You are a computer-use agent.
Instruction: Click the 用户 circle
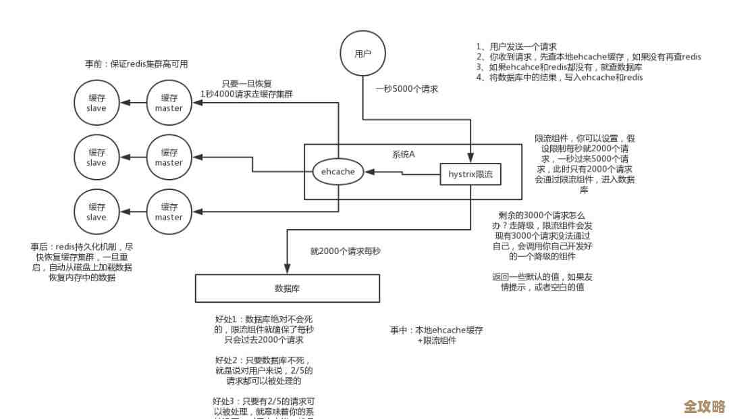pos(362,53)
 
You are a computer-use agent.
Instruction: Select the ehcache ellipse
pos(338,172)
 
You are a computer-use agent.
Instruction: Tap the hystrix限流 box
pos(470,174)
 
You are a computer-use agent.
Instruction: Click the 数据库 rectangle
pos(288,288)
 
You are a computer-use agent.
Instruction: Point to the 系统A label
pos(404,154)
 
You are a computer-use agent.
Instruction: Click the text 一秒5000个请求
pos(407,89)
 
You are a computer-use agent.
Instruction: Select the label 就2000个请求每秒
pos(346,251)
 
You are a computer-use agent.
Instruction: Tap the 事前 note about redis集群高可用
pos(136,64)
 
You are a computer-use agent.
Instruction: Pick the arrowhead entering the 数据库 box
pos(288,270)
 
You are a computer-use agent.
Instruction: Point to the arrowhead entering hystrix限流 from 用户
pos(470,159)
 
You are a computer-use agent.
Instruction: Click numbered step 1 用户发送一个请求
pos(516,47)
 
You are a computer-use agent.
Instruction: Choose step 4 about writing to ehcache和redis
pos(559,77)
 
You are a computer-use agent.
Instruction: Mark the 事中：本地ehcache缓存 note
pos(437,330)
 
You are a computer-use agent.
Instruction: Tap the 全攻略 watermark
pos(704,407)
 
